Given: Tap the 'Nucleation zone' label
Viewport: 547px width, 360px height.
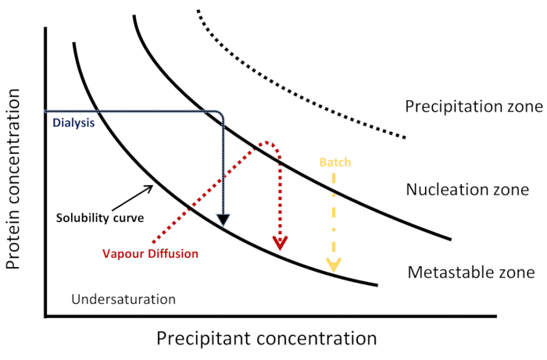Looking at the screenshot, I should (x=468, y=190).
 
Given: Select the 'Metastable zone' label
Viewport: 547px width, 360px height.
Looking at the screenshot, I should (x=470, y=273).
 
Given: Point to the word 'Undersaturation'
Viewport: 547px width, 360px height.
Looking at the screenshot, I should (x=123, y=299).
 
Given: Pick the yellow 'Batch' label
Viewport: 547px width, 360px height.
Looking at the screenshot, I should (x=335, y=163).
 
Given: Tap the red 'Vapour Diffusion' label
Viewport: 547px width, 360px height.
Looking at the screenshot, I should (x=150, y=253).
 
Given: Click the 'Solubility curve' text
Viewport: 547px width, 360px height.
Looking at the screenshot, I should (x=99, y=218).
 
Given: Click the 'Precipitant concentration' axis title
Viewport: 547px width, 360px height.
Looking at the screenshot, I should (x=266, y=339).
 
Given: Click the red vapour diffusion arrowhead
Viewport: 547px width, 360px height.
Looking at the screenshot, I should (x=278, y=244).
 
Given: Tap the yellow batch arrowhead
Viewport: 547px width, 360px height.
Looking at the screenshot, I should (x=334, y=266).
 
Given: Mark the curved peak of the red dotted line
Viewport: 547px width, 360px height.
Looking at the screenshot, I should (x=268, y=143).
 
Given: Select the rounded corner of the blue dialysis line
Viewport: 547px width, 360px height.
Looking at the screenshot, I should (x=221, y=115).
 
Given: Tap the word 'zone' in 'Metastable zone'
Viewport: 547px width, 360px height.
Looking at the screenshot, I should (x=518, y=273).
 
